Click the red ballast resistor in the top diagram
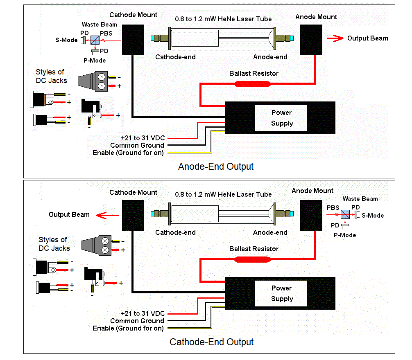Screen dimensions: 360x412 pos(252,84)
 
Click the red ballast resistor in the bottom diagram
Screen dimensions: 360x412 pos(252,259)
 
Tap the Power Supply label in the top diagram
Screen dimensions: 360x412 pos(282,118)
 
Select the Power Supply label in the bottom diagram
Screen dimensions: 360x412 pos(282,293)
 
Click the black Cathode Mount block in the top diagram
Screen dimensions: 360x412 pos(133,39)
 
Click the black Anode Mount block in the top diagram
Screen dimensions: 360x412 pos(311,39)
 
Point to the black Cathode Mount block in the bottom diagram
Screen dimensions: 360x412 pos(133,215)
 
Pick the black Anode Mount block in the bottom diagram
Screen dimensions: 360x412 pos(311,215)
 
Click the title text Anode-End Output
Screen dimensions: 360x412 pos(216,166)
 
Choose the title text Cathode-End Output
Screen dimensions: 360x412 pos(212,342)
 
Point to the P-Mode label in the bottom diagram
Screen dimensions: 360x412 pos(345,235)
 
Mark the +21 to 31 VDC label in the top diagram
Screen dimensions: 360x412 pos(143,138)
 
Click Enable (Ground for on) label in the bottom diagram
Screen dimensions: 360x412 pos(128,328)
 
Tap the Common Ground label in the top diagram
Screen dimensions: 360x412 pos(137,145)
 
